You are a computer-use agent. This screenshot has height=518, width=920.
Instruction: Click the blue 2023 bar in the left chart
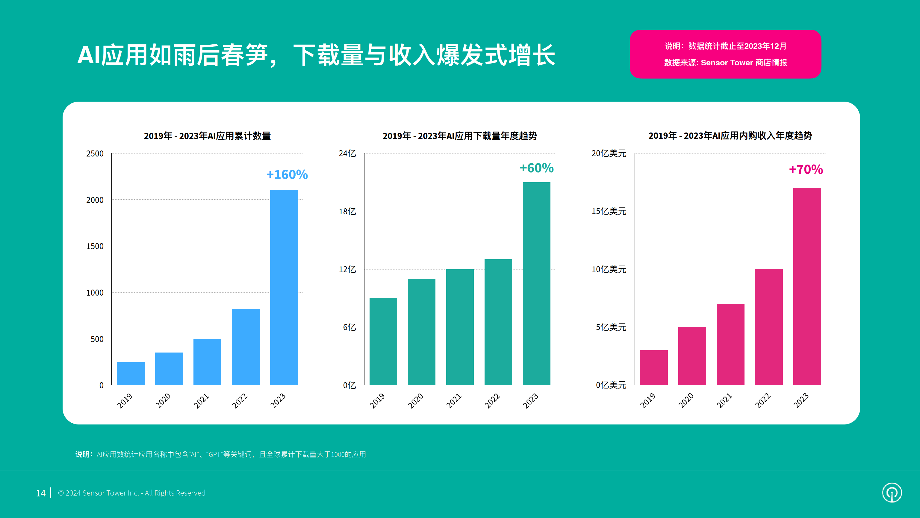tap(284, 287)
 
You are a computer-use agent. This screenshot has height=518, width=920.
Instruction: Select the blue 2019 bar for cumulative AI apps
tap(131, 374)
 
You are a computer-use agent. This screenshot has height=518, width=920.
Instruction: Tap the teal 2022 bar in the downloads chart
tap(498, 322)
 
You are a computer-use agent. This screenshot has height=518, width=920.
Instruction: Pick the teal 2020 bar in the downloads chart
tap(421, 332)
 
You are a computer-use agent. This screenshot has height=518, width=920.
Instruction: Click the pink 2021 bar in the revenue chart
tap(730, 344)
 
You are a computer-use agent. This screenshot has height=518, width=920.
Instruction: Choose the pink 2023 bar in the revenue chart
tap(807, 286)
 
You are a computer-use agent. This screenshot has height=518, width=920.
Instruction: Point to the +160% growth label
tap(287, 174)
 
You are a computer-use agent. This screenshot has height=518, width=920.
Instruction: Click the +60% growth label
tap(536, 168)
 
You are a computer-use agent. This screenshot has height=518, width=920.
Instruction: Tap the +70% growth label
tap(806, 169)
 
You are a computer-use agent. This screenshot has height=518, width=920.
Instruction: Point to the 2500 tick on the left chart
tap(95, 154)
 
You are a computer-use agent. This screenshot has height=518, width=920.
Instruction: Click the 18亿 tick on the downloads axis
tap(347, 212)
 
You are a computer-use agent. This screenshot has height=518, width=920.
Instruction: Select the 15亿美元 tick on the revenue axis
tap(609, 211)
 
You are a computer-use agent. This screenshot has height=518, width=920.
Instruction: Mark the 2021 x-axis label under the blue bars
tap(202, 400)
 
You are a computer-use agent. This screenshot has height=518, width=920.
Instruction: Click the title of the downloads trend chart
tap(460, 136)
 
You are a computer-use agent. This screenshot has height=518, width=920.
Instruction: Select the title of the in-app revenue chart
tap(730, 136)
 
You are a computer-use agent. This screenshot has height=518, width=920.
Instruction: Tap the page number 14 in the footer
tap(41, 493)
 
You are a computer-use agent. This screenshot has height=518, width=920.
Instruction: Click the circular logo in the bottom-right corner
tap(892, 493)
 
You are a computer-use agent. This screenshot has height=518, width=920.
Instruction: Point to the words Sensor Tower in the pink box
tap(727, 63)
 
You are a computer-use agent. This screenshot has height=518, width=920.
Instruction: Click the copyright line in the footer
tap(132, 493)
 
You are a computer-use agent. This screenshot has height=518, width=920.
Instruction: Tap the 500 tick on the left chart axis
tap(97, 339)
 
